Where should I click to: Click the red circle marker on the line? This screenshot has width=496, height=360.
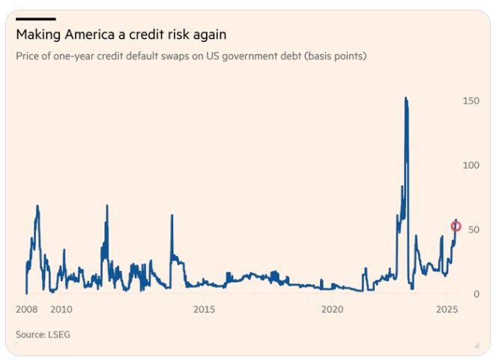pyautogui.click(x=456, y=226)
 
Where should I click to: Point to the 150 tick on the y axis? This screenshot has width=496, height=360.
pyautogui.click(x=470, y=100)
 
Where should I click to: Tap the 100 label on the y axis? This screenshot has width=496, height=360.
pyautogui.click(x=470, y=165)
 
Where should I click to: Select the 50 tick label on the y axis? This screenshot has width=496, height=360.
pyautogui.click(x=472, y=229)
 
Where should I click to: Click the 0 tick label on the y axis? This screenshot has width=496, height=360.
pyautogui.click(x=475, y=294)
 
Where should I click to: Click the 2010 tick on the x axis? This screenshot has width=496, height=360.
pyautogui.click(x=61, y=309)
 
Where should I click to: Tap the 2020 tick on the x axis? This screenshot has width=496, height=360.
pyautogui.click(x=333, y=309)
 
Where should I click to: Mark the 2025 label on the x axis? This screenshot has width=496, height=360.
pyautogui.click(x=447, y=309)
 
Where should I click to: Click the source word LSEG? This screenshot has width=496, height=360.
pyautogui.click(x=59, y=334)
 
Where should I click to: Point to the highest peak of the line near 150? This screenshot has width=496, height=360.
pyautogui.click(x=405, y=98)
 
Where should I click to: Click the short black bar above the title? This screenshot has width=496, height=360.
pyautogui.click(x=35, y=18)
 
